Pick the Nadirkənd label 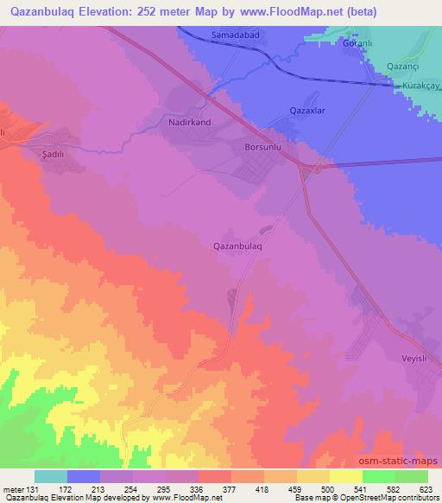(186, 123)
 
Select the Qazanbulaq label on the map (237, 245)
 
